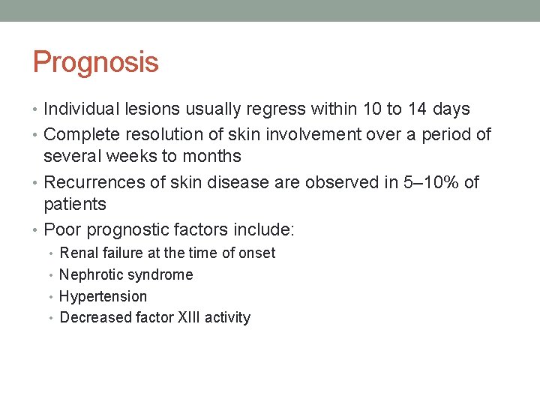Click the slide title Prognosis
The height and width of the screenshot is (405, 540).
95,62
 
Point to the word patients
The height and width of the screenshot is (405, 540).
75,204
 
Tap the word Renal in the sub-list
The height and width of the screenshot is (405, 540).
78,253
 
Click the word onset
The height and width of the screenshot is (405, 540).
257,253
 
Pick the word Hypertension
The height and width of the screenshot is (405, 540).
103,297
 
